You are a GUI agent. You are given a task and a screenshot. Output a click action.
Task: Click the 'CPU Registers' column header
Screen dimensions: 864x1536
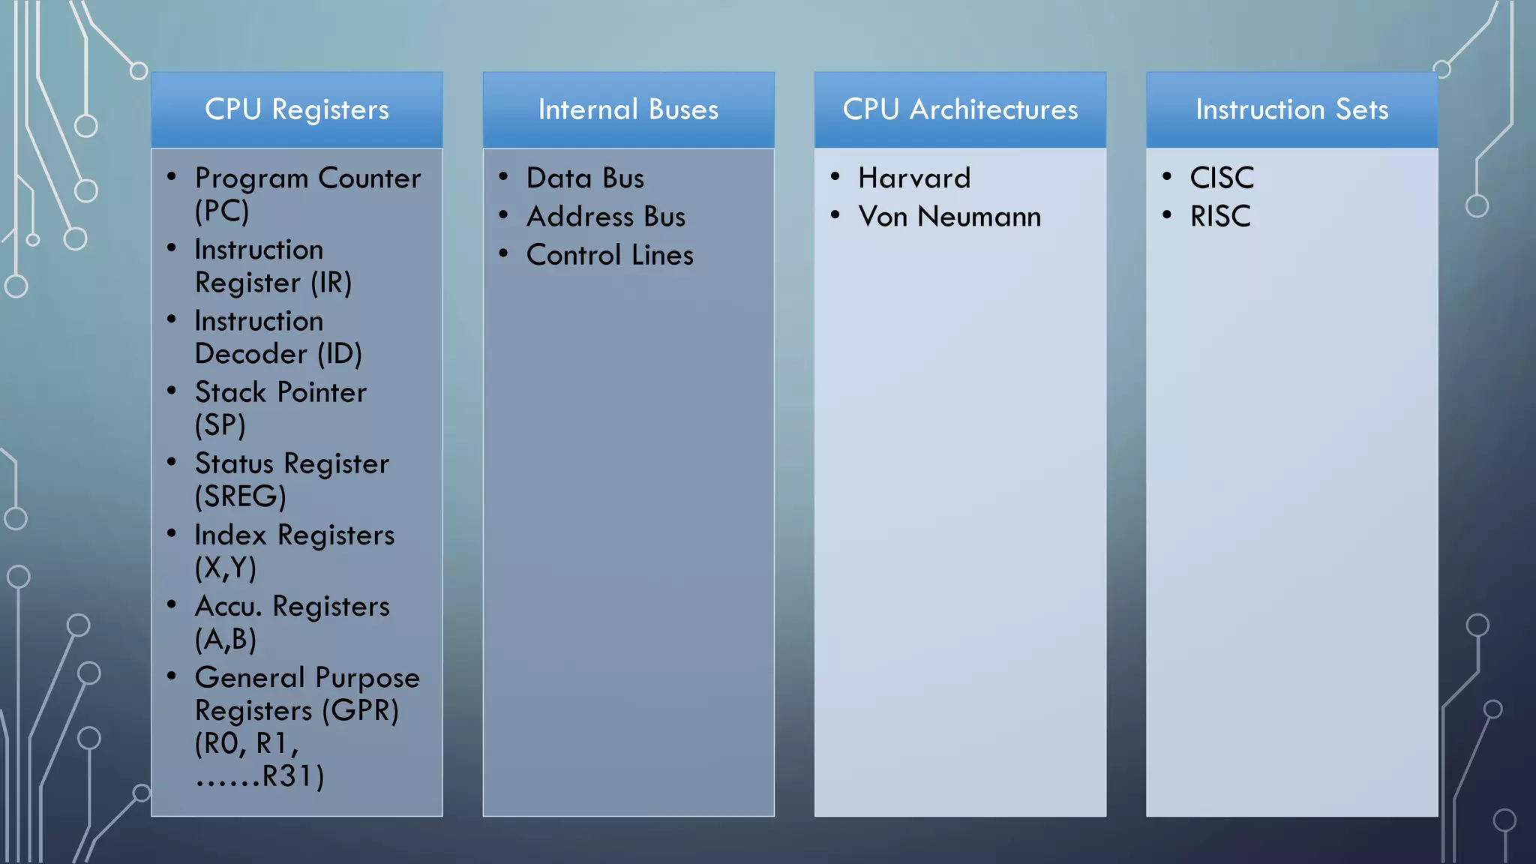(x=297, y=110)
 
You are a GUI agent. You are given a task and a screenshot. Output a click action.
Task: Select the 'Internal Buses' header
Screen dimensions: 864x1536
(x=628, y=110)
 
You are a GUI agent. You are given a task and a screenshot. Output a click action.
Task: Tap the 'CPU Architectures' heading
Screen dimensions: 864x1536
(x=960, y=110)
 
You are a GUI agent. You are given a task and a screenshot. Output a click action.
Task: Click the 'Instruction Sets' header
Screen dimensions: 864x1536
(x=1291, y=110)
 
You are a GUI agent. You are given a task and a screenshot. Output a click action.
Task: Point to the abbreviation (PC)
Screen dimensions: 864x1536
(x=222, y=211)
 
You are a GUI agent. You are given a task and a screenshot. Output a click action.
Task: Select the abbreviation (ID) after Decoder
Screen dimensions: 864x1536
(x=340, y=354)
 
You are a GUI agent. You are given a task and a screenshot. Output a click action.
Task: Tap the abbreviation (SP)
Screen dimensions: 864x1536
(x=220, y=425)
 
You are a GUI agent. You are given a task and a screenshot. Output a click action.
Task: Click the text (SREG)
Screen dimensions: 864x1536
(x=241, y=496)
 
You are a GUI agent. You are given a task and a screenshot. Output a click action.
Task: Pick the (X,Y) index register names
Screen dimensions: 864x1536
(x=226, y=568)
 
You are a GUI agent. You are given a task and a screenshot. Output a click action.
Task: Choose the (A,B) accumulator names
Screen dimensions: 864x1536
(x=226, y=639)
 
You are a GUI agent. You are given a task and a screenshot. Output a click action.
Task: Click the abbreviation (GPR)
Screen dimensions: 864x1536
(x=361, y=710)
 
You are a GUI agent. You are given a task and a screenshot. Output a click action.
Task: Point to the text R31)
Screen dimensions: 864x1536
(x=292, y=776)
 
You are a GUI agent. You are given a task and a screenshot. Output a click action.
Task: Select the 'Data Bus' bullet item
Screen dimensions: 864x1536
(x=585, y=178)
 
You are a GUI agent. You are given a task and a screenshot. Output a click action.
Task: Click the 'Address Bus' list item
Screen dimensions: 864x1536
(x=606, y=217)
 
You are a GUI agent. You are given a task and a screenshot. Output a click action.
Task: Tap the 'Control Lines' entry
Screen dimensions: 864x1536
(x=610, y=255)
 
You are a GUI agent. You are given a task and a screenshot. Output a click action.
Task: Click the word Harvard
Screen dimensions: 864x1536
(x=914, y=178)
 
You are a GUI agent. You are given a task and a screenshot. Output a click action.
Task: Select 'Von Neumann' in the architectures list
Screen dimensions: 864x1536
(x=949, y=217)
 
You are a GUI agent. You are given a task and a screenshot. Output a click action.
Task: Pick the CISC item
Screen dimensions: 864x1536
(x=1222, y=178)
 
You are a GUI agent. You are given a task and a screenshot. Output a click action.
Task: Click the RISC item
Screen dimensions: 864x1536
(x=1220, y=217)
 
